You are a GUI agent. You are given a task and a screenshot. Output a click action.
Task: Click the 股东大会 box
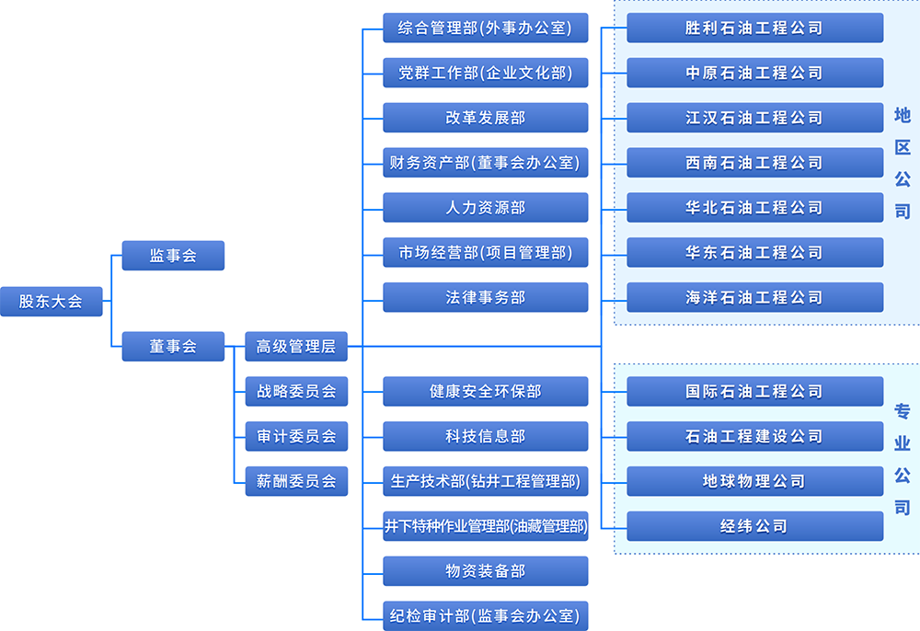point(51,301)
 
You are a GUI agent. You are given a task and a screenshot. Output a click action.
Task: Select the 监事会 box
point(173,256)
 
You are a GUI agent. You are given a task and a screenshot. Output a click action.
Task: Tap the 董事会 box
point(173,347)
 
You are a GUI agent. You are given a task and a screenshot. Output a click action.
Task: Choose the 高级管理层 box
point(296,347)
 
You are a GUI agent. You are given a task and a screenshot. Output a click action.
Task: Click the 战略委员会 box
point(296,391)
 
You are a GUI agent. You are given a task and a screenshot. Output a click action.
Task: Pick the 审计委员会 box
point(296,436)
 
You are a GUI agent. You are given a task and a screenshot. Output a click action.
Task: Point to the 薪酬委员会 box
point(296,480)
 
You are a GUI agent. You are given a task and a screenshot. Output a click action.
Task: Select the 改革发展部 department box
point(485,118)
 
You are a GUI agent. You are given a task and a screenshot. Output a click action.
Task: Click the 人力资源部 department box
point(485,208)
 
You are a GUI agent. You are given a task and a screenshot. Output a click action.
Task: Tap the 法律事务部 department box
point(485,297)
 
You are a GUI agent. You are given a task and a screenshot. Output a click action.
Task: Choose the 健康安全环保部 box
point(485,391)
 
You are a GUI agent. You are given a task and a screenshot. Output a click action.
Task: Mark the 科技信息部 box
point(485,436)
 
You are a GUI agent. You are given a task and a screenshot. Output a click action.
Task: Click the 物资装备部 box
point(485,571)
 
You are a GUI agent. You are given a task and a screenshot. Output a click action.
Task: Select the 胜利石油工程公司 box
point(754,28)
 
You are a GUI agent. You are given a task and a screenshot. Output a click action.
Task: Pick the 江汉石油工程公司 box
point(754,118)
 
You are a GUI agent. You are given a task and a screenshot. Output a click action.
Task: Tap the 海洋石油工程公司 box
point(754,297)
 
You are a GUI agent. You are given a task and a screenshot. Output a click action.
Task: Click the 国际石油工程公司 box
point(754,391)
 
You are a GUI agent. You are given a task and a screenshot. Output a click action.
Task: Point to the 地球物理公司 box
point(754,481)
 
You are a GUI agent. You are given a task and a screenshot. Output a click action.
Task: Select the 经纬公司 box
point(754,526)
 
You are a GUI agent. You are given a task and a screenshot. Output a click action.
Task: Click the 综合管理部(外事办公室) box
point(485,28)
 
